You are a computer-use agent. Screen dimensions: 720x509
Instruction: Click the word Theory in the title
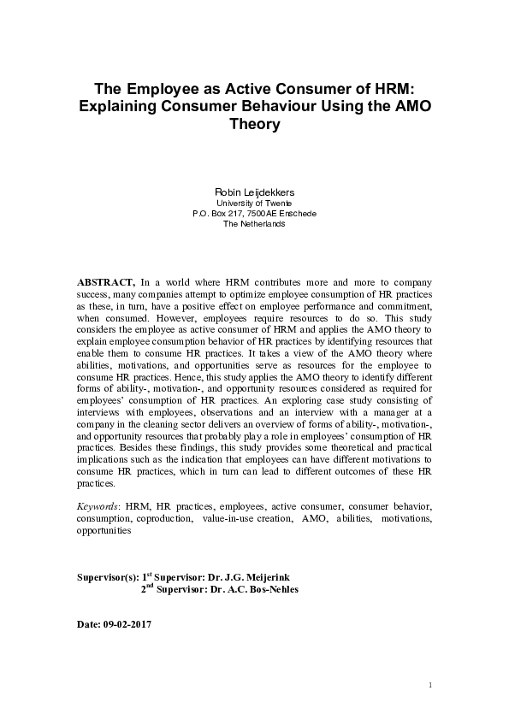tap(254, 124)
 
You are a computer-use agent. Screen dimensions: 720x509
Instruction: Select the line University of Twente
tap(254, 203)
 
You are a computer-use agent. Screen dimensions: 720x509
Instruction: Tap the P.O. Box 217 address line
tap(254, 213)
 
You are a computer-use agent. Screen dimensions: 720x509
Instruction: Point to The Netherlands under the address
tap(254, 223)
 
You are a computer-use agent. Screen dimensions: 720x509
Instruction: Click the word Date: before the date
tap(89, 624)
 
